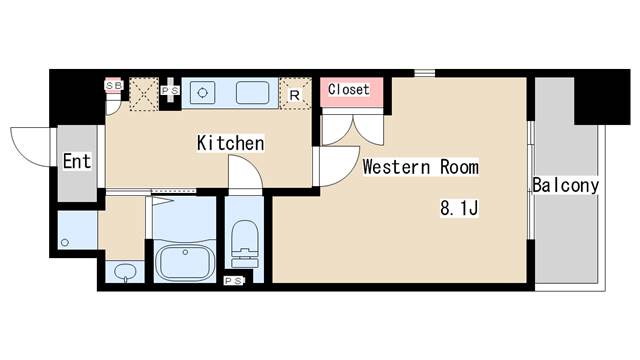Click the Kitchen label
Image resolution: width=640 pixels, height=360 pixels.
[x=230, y=144]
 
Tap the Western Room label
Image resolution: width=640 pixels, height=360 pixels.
[x=420, y=166]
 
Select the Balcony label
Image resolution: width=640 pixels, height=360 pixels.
[x=565, y=185]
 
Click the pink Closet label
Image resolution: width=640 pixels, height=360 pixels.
[x=349, y=89]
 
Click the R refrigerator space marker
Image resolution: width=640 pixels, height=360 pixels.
[x=294, y=95]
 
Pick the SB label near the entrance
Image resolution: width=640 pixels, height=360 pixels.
[x=113, y=86]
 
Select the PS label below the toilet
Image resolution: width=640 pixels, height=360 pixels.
[x=233, y=281]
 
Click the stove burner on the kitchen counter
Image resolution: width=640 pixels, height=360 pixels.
[x=203, y=92]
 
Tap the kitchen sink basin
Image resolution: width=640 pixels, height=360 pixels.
[x=251, y=92]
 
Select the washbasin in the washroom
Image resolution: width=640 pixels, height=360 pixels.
[x=124, y=271]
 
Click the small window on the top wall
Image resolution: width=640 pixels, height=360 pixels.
[x=426, y=72]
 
